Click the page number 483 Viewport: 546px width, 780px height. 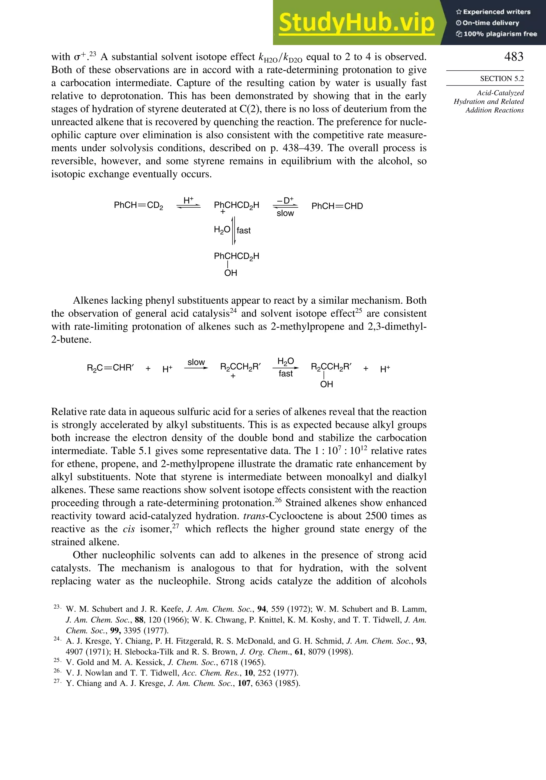(x=513, y=57)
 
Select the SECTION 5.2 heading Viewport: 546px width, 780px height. (x=501, y=78)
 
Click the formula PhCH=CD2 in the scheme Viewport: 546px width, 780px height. (x=138, y=206)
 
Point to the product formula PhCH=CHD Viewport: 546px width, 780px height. (x=337, y=206)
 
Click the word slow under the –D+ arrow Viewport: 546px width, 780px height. (x=285, y=213)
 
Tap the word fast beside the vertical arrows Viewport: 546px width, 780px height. (x=244, y=230)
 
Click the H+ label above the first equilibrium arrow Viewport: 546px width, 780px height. (x=188, y=200)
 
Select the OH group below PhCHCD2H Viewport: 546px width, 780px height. (x=230, y=273)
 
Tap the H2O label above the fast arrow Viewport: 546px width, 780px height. (x=286, y=361)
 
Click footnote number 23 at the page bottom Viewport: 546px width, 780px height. (x=57, y=606)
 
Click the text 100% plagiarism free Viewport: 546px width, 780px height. (x=496, y=34)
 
